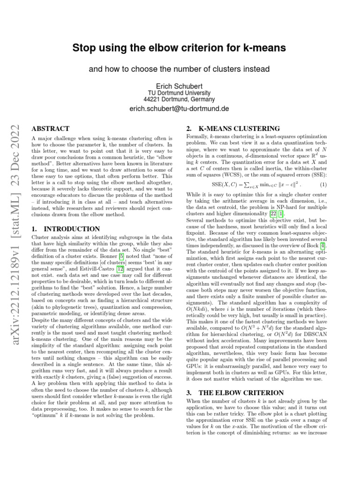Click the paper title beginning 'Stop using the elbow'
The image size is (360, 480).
(179, 48)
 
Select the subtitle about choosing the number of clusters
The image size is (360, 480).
(180, 69)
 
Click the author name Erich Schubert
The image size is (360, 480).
(180, 86)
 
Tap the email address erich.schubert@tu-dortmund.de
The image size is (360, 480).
(180, 109)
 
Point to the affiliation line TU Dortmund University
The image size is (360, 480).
(180, 93)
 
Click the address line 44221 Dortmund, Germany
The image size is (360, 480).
(180, 99)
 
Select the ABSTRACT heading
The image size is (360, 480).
(50, 128)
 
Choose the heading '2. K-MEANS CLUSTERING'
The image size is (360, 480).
(233, 128)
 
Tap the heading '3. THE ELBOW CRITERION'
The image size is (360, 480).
(235, 392)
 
